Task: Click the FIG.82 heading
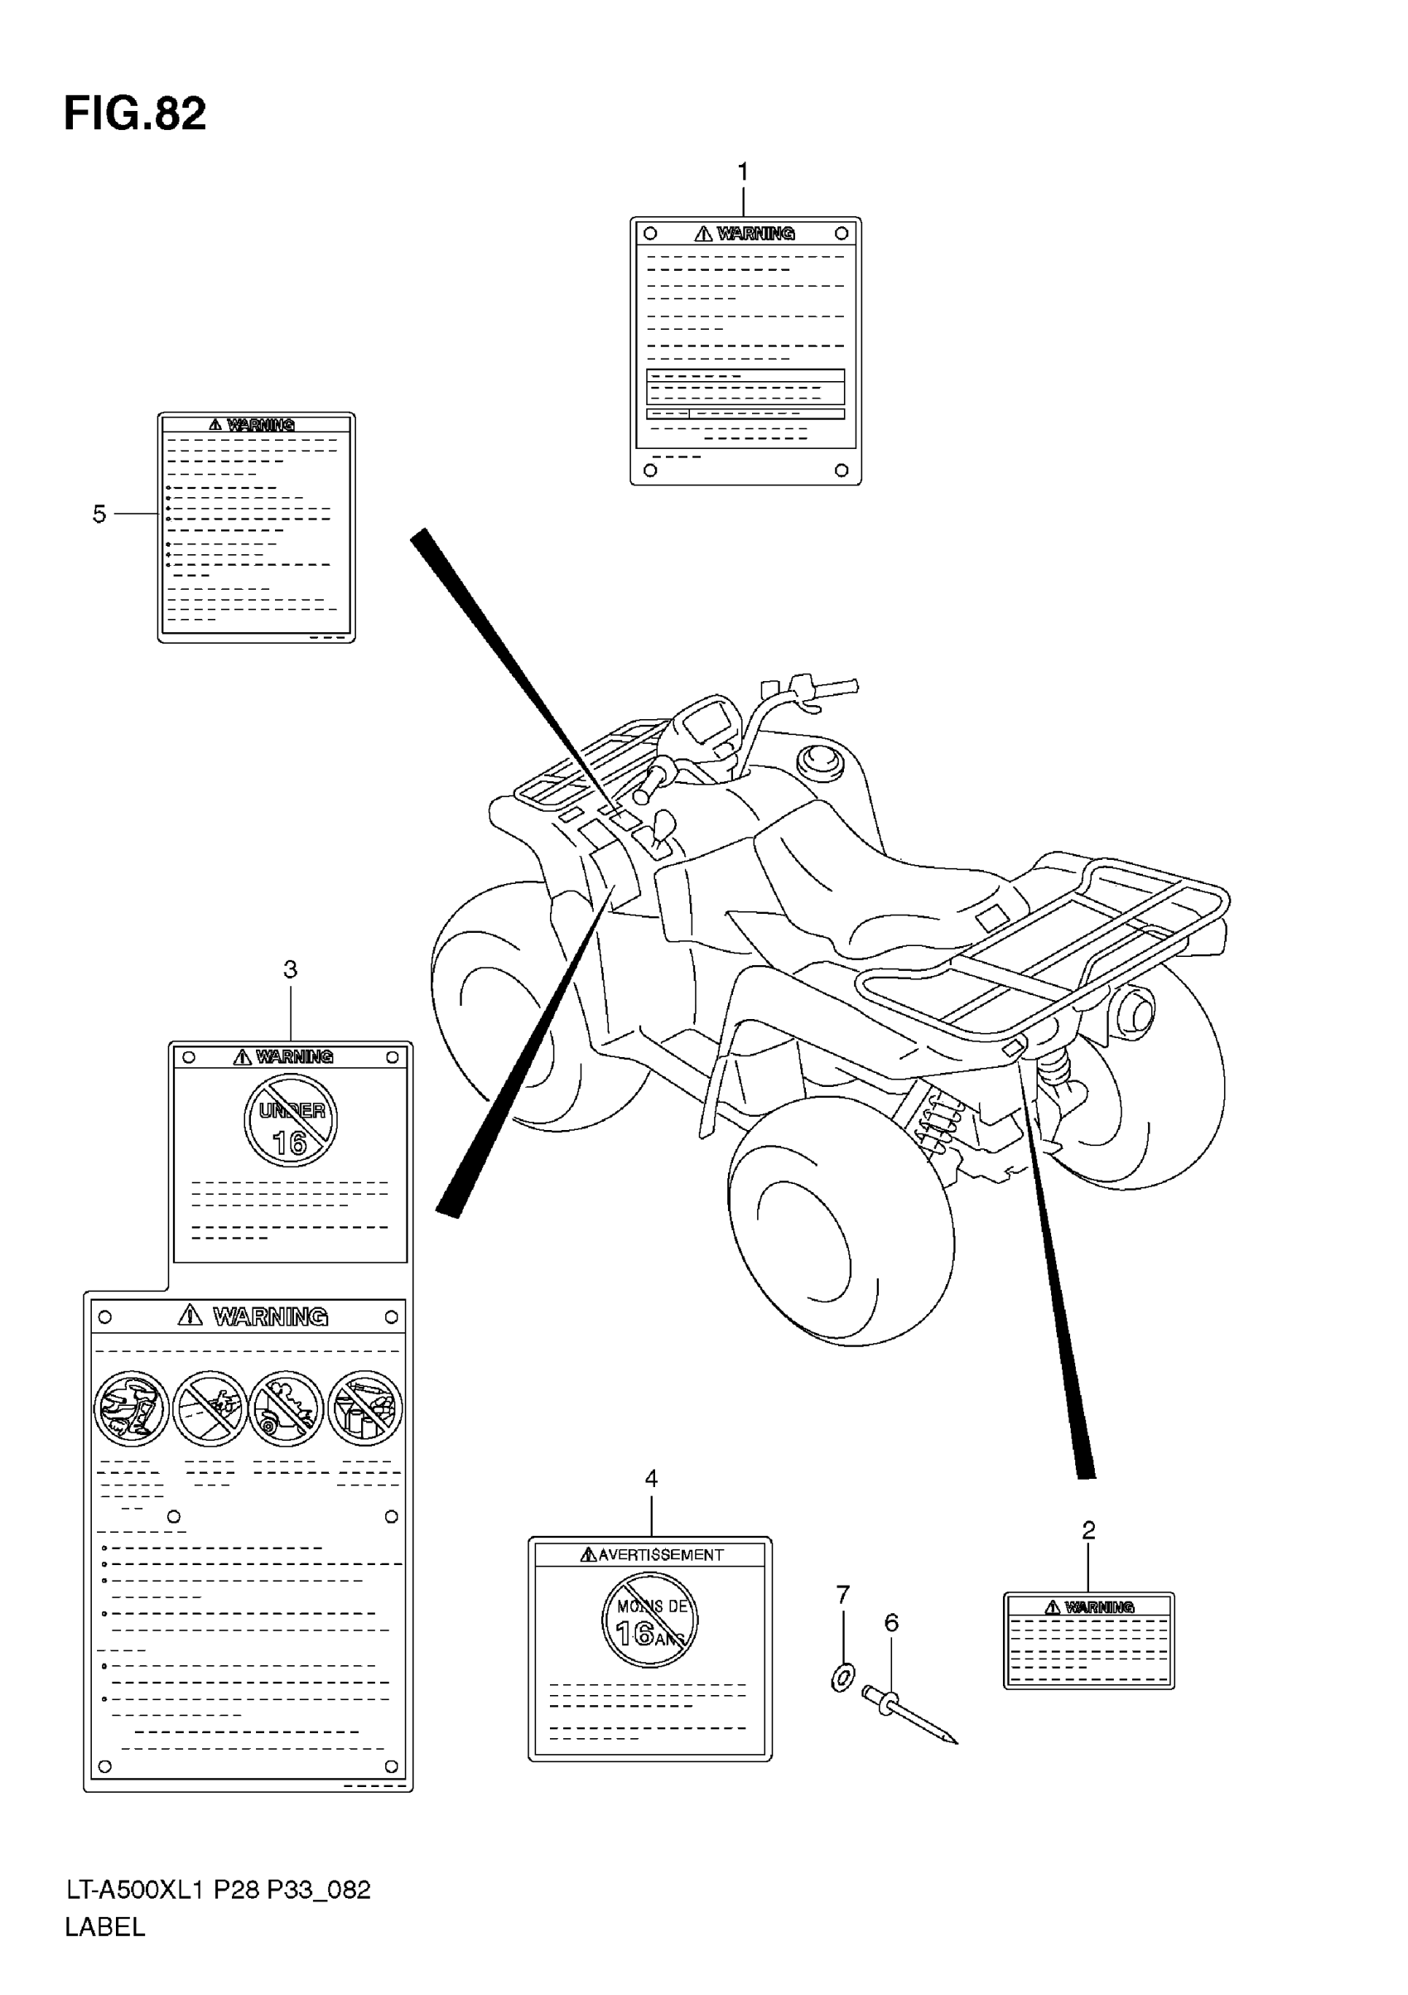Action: (135, 114)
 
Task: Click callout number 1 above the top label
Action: (743, 173)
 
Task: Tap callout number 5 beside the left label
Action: (99, 514)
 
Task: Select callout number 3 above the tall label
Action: (290, 969)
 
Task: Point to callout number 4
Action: (652, 1478)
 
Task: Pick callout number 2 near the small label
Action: (1088, 1530)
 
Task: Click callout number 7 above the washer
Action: (842, 1595)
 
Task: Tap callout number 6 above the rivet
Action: (891, 1622)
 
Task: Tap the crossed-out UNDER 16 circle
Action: (290, 1120)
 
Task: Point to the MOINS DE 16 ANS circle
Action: (649, 1621)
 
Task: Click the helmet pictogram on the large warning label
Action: (132, 1408)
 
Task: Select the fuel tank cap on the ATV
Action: (819, 761)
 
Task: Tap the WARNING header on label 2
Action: (1098, 1606)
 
